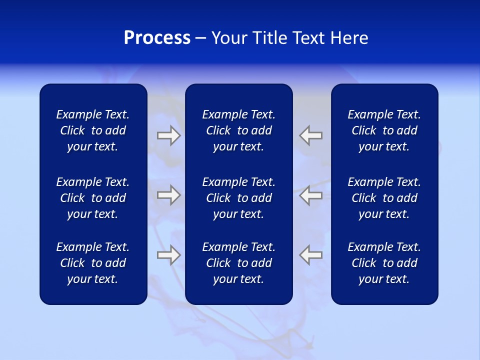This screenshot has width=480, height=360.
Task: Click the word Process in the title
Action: pyautogui.click(x=157, y=38)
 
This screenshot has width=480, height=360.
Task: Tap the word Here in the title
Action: pyautogui.click(x=349, y=38)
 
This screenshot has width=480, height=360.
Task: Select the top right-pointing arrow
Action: pyautogui.click(x=168, y=135)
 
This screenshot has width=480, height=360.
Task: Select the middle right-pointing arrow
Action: pyautogui.click(x=168, y=195)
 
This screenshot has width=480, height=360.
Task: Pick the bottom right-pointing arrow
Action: pyautogui.click(x=168, y=255)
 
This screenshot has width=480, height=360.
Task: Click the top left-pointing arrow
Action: pyautogui.click(x=310, y=135)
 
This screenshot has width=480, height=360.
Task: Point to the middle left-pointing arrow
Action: pyautogui.click(x=310, y=195)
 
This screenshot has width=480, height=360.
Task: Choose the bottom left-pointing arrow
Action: pyautogui.click(x=310, y=255)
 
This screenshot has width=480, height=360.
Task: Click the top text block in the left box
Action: pyautogui.click(x=93, y=130)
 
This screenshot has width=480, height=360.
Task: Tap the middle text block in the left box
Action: pyautogui.click(x=93, y=198)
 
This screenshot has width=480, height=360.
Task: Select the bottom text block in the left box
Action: pyautogui.click(x=93, y=263)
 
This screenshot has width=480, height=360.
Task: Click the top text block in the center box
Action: pyautogui.click(x=238, y=130)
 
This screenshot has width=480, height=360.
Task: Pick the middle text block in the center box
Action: pyautogui.click(x=238, y=198)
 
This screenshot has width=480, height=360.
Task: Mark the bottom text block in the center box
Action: pyautogui.click(x=238, y=263)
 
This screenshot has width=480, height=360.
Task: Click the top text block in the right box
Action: pyautogui.click(x=384, y=130)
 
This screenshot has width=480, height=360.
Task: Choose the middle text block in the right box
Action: pyautogui.click(x=384, y=198)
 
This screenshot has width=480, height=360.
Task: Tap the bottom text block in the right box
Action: pyautogui.click(x=384, y=263)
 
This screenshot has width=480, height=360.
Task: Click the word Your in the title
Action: pyautogui.click(x=229, y=38)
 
